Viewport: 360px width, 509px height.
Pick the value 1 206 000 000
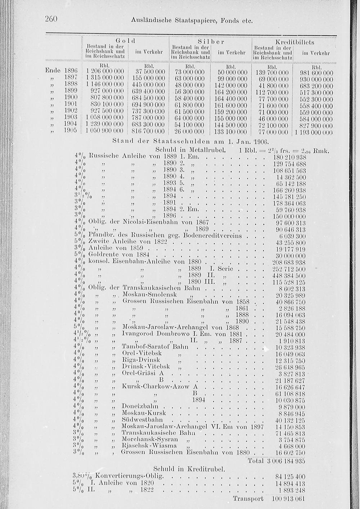point(105,72)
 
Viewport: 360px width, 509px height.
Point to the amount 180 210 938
point(289,157)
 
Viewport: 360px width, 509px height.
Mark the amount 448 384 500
point(289,275)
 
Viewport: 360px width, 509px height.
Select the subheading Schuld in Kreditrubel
point(189,469)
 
